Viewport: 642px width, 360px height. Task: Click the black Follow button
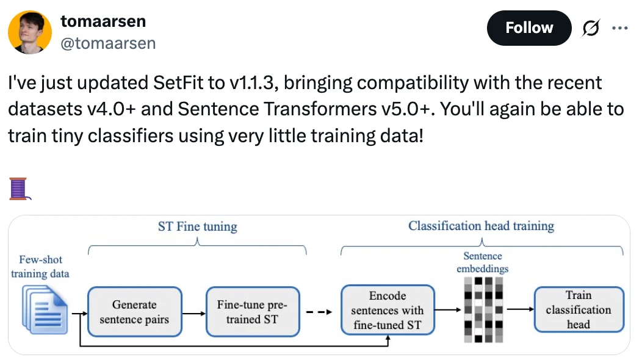click(x=529, y=28)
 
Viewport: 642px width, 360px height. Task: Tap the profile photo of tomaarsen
click(x=30, y=32)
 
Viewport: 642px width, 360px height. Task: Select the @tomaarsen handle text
click(x=108, y=43)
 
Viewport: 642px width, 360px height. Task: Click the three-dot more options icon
click(x=620, y=28)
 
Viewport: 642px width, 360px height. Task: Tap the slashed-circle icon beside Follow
click(x=590, y=28)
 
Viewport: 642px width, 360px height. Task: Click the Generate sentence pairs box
click(x=134, y=312)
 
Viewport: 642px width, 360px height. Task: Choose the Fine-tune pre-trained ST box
click(x=253, y=312)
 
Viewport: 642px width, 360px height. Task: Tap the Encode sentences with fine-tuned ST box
click(x=388, y=310)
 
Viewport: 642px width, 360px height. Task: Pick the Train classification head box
click(x=579, y=309)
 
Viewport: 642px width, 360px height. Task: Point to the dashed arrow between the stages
click(x=319, y=312)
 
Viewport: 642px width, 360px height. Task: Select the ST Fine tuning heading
click(x=197, y=226)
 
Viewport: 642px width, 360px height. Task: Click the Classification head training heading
click(x=481, y=226)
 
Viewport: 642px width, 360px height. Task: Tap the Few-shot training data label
click(x=40, y=267)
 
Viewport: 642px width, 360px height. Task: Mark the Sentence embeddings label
click(x=482, y=262)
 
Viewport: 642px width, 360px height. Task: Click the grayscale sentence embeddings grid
click(x=483, y=309)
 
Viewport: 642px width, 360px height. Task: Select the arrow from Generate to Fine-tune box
click(x=193, y=314)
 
